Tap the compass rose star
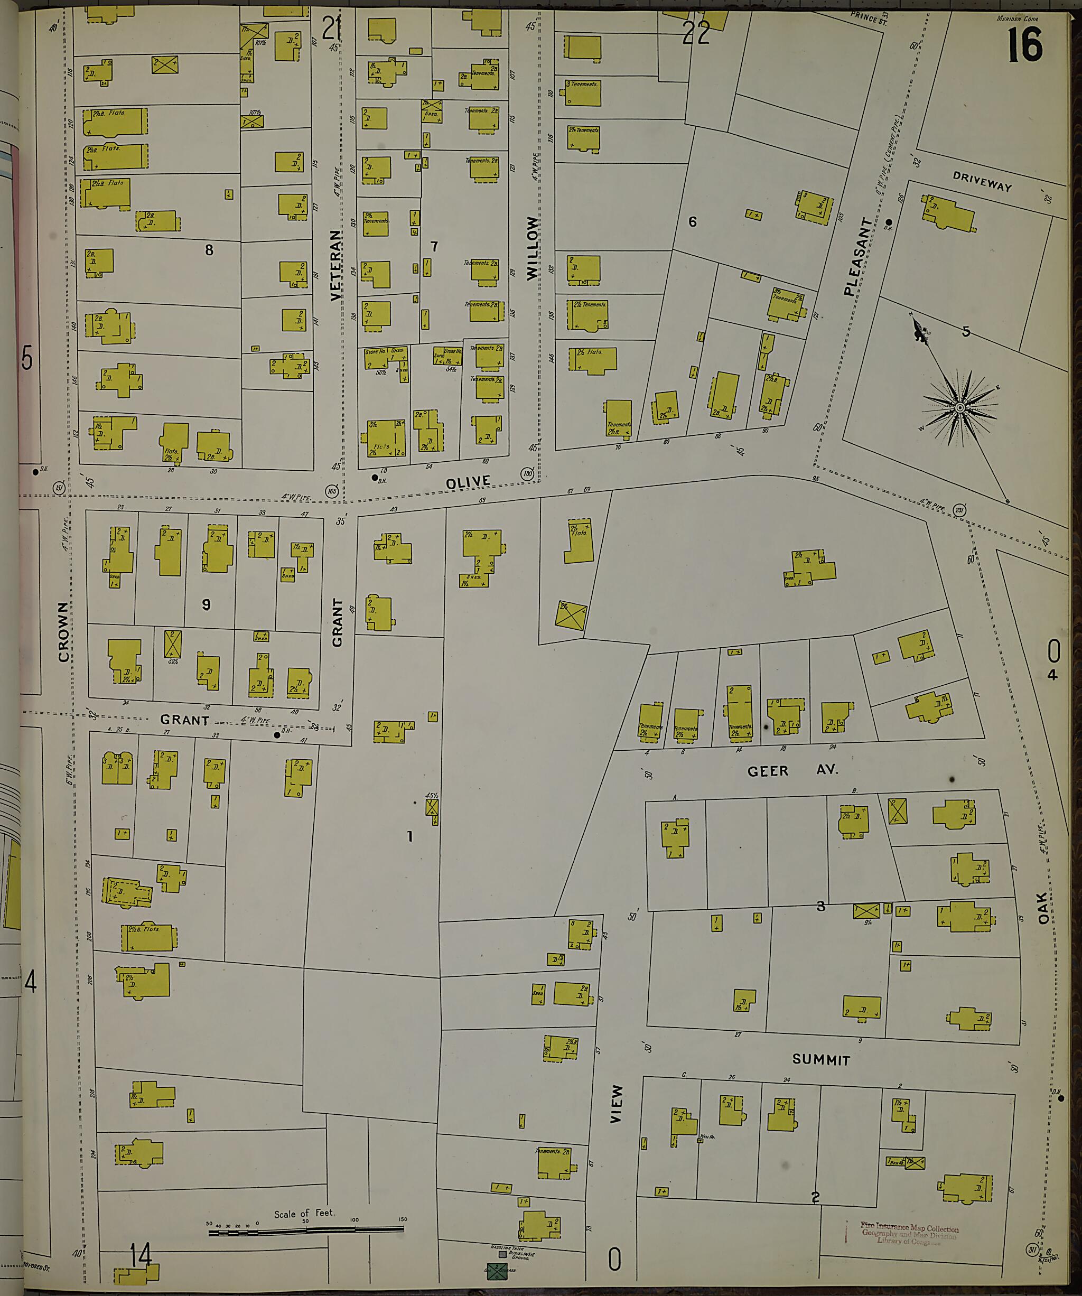pos(960,408)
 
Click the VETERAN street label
pos(335,265)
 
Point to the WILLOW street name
pos(533,249)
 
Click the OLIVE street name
pos(468,482)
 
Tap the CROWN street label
pos(63,632)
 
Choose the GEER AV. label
pos(792,771)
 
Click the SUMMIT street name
pos(821,1060)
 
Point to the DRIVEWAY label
pos(982,181)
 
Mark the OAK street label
pos(1043,907)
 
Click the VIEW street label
pos(616,1104)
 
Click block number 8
pos(209,250)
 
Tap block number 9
pos(206,604)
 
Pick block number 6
pos(693,221)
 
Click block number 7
pos(434,247)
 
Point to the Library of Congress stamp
pos(909,1234)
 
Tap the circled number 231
pos(958,510)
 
